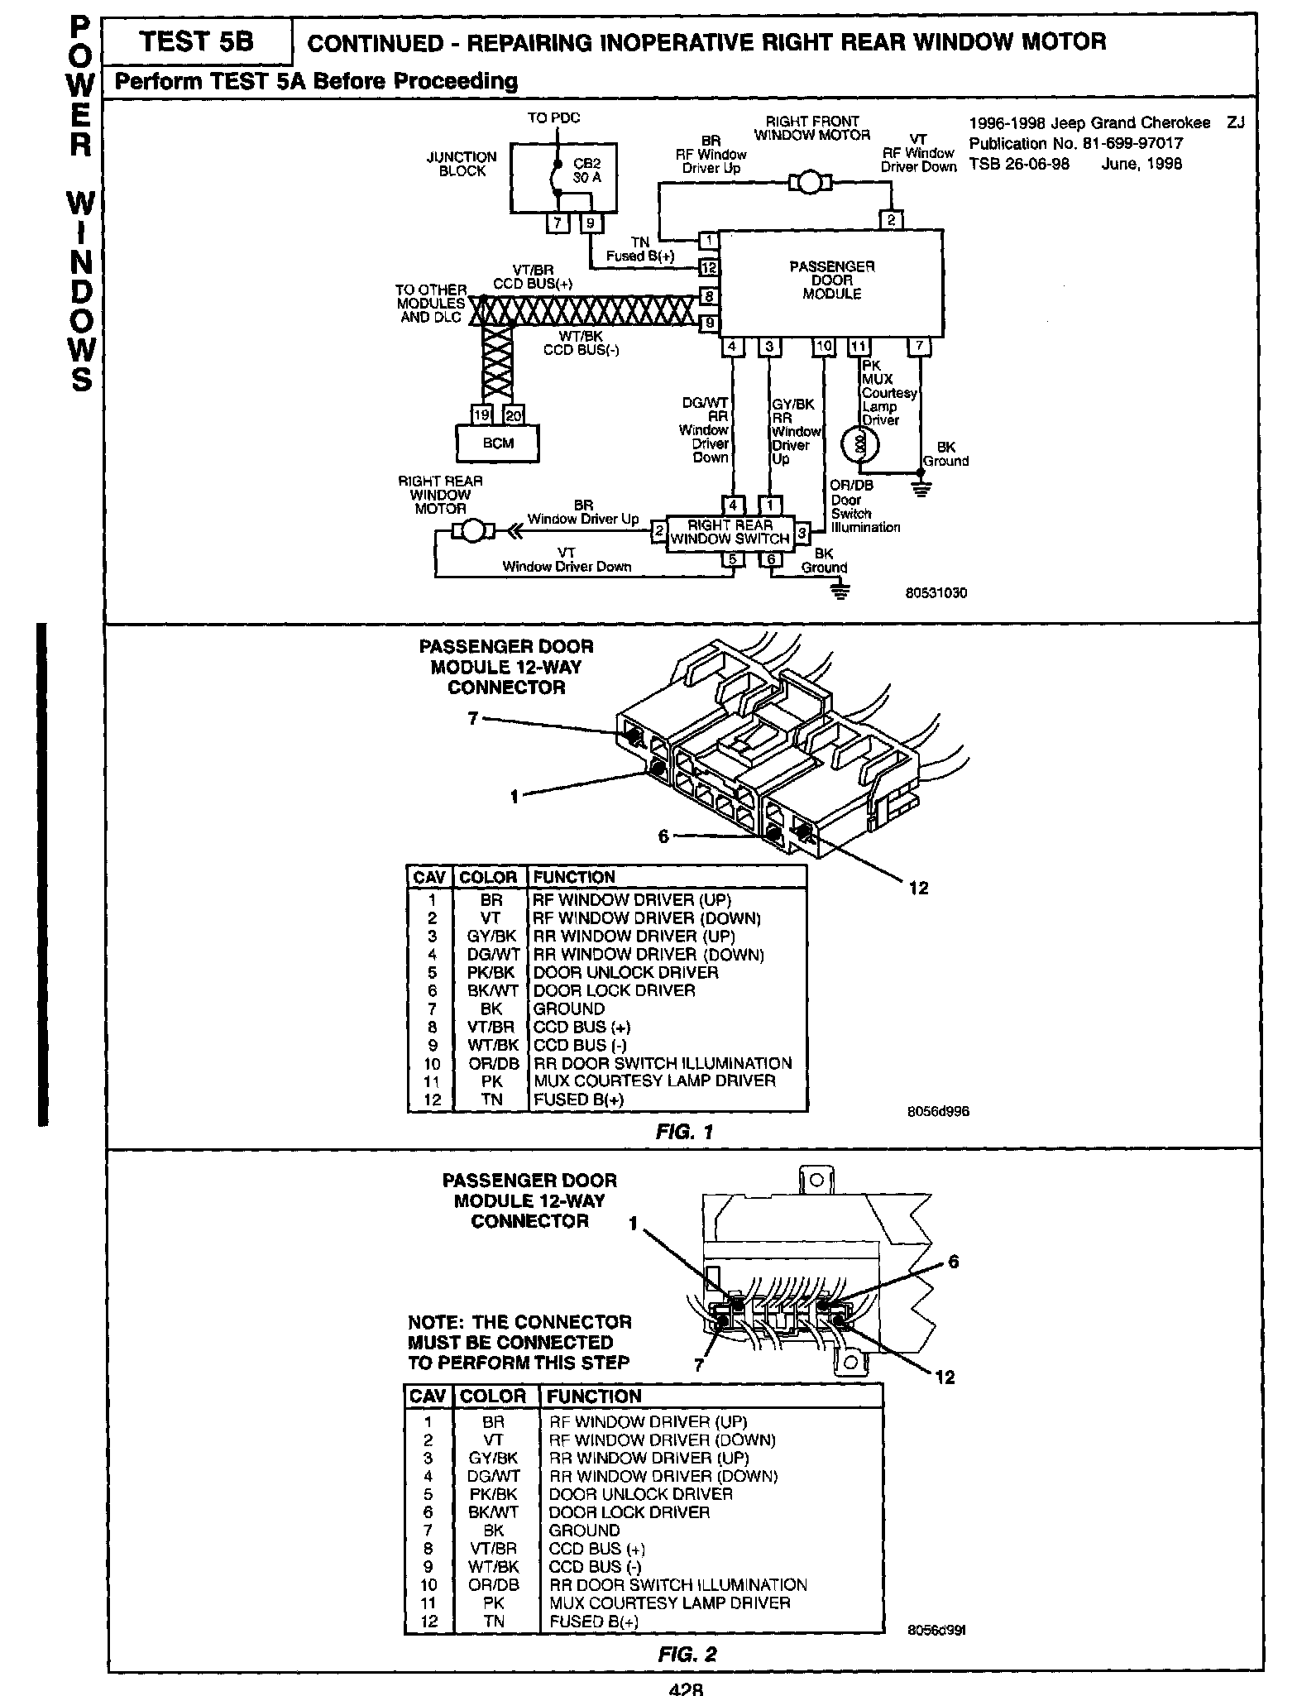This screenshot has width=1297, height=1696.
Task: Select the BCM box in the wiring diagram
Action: (x=498, y=443)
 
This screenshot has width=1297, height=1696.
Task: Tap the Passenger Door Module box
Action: (x=831, y=281)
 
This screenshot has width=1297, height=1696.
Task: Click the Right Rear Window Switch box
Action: (x=730, y=532)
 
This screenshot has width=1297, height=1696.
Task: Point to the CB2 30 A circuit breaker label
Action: (x=586, y=170)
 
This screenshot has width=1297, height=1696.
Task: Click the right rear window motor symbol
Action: (x=474, y=531)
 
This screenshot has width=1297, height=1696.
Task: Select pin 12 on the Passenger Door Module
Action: (x=709, y=267)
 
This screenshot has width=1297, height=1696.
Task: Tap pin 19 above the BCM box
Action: (x=481, y=414)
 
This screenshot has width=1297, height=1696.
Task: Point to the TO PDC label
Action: (x=553, y=118)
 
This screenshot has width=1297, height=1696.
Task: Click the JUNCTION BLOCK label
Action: (x=462, y=164)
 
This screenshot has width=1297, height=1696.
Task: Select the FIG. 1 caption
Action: (x=683, y=1132)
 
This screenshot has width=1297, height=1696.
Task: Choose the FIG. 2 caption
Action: (x=687, y=1654)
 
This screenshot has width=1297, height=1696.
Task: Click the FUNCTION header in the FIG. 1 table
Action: (x=574, y=877)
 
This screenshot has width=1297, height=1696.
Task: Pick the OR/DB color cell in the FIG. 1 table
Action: (x=491, y=1064)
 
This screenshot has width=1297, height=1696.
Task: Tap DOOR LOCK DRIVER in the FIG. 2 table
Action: (x=629, y=1512)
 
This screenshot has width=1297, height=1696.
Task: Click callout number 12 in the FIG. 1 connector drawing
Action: (x=918, y=888)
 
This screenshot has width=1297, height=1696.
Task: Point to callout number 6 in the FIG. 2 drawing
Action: (x=953, y=1262)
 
